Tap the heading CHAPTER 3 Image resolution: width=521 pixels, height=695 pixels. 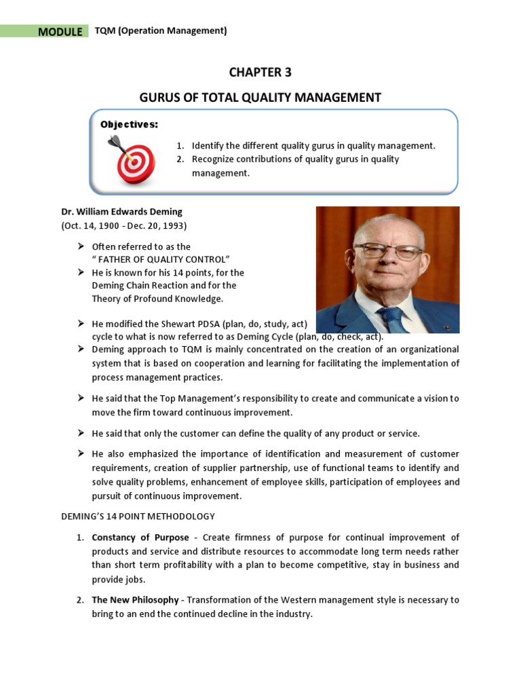[260, 72]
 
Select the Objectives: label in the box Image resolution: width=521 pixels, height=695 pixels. [129, 124]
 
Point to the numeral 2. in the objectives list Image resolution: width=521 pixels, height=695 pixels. [180, 159]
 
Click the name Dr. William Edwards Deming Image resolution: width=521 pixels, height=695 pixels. [122, 212]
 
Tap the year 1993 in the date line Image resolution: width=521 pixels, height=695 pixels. [172, 225]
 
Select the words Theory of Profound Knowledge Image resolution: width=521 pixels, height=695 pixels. [157, 299]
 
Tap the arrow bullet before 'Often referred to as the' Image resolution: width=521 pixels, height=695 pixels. [79, 246]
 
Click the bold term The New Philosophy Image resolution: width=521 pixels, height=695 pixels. [135, 600]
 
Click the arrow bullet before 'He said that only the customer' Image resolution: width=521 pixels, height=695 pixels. [79, 432]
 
